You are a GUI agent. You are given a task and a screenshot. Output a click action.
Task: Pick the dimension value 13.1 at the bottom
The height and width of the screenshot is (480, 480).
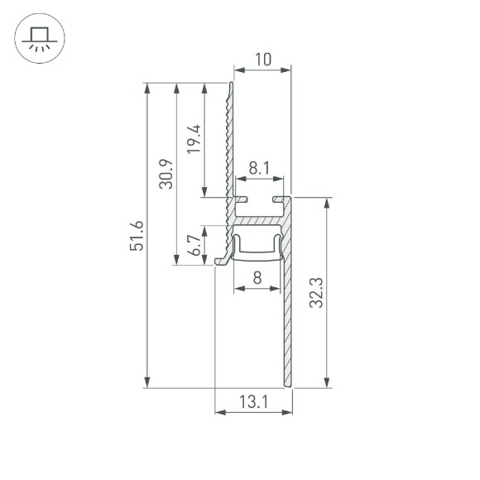[254, 402]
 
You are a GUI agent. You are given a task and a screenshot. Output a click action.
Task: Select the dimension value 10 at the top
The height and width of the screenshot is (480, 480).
[263, 59]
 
